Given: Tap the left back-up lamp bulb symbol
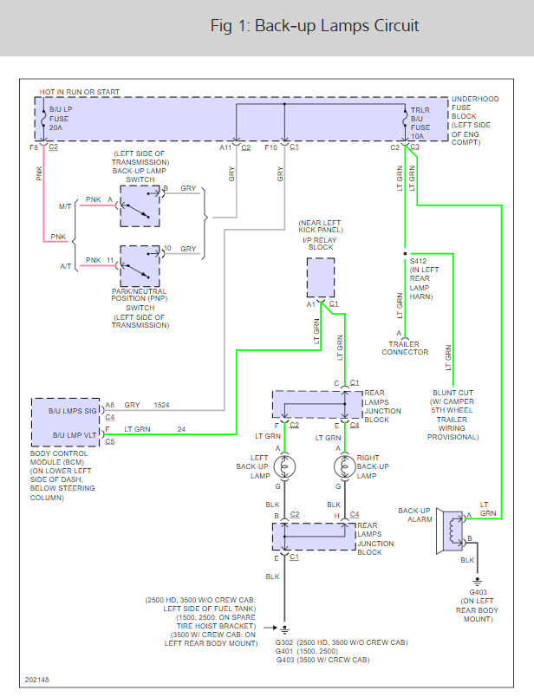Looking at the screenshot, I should (285, 467).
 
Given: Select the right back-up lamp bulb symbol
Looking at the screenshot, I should (344, 467).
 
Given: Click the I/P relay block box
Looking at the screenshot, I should (320, 277).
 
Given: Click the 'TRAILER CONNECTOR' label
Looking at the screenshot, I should (405, 348).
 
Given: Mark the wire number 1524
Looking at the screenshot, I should (162, 405).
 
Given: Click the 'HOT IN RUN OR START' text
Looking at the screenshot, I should (80, 92).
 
